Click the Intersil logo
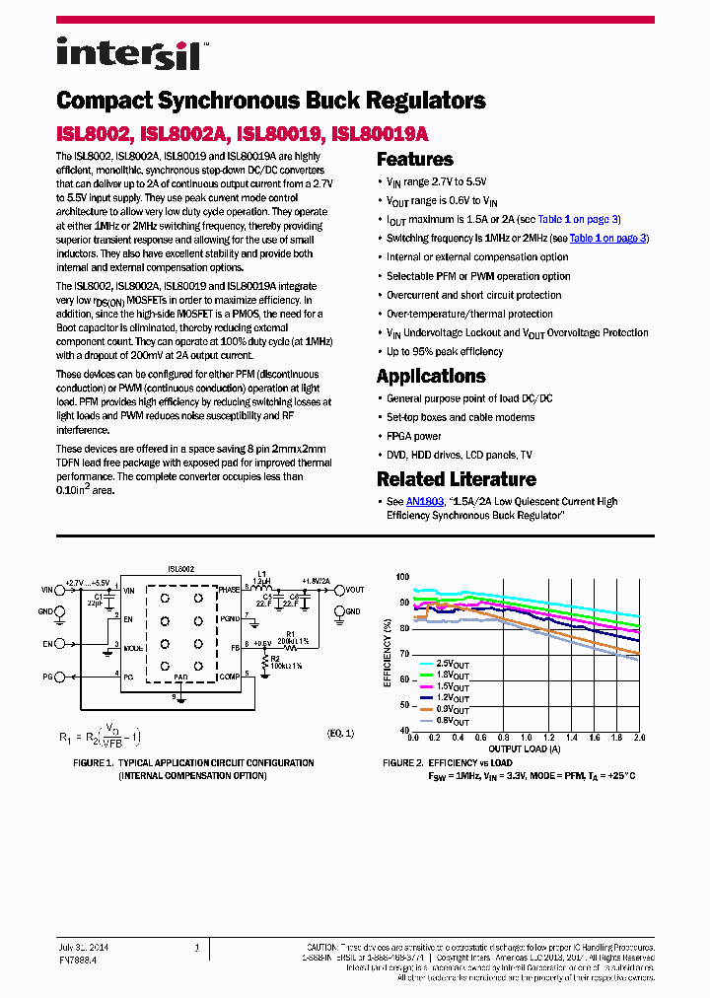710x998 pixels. pos(129,53)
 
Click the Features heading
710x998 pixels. pos(415,160)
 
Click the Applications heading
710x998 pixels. pos(431,376)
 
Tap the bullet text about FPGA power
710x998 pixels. pos(414,435)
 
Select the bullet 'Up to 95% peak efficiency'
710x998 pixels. pos(445,351)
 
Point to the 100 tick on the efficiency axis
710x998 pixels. pos(401,577)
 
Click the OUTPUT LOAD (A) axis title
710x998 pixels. pos(526,749)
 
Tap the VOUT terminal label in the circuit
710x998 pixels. pos(355,590)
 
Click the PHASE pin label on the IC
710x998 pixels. pos(229,589)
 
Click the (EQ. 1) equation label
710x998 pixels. pos(340,734)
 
